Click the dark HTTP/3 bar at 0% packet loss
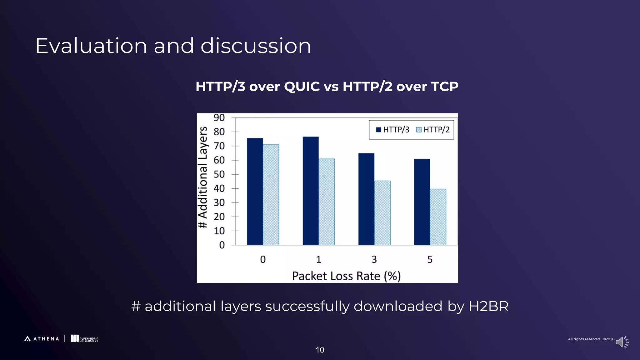point(255,192)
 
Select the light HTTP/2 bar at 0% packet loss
point(271,195)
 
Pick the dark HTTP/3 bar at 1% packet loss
point(311,191)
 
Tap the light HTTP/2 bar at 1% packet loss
point(327,202)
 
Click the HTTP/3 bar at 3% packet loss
point(366,199)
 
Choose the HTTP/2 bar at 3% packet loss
point(382,213)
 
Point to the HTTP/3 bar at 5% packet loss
point(422,202)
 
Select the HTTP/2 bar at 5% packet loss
point(438,217)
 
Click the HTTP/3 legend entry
point(392,130)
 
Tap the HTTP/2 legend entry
point(433,130)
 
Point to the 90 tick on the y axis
point(219,118)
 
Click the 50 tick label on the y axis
point(219,174)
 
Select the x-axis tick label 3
point(374,259)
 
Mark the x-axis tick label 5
point(430,259)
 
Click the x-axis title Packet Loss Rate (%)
point(346,276)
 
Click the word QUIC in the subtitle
point(302,87)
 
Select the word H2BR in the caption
point(488,306)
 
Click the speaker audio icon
point(622,342)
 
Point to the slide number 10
point(320,350)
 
